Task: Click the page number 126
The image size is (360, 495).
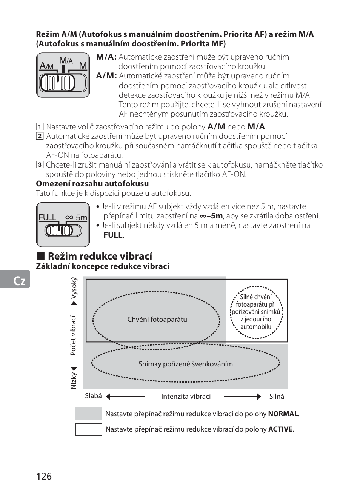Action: tap(44, 476)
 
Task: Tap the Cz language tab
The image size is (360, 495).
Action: tap(19, 281)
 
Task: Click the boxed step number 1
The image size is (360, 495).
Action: tap(39, 126)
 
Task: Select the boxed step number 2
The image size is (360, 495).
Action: tap(39, 136)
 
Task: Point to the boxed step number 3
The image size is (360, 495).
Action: tap(39, 164)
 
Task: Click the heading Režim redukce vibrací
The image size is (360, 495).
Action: tap(100, 256)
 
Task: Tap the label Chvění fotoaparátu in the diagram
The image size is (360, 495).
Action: tap(157, 320)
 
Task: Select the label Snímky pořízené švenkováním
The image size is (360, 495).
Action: tap(185, 364)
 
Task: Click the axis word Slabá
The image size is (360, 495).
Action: tap(93, 396)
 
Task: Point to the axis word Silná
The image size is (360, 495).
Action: tap(277, 397)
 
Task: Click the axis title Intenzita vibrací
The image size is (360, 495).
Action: tap(186, 397)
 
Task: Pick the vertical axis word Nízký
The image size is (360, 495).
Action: tap(74, 381)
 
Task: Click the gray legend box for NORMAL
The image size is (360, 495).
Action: tap(89, 414)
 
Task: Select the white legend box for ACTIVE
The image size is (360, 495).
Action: tap(89, 430)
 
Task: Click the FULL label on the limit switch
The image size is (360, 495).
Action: tap(47, 217)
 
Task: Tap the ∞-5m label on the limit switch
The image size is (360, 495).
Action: tap(76, 217)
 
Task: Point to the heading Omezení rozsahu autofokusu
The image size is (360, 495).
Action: tap(92, 184)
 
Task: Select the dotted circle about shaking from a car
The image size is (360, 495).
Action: tap(256, 312)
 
